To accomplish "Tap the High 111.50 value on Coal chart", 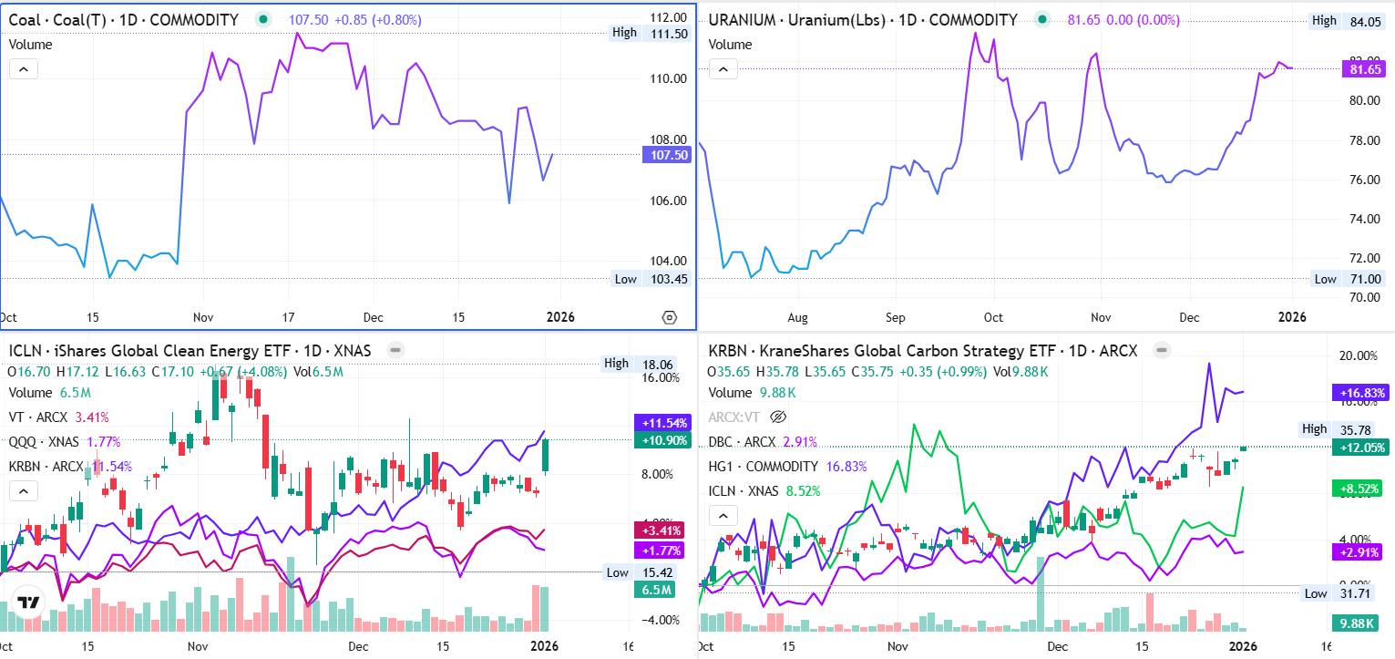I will point(669,33).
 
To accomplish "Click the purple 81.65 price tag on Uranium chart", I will point(1364,68).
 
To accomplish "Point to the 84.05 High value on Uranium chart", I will point(1367,21).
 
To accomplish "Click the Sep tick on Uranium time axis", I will point(896,317).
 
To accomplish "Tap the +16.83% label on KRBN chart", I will point(1359,393).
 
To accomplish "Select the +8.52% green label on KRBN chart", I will point(1359,489).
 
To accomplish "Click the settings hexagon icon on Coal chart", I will point(670,317).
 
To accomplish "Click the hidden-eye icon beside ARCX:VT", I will point(778,417).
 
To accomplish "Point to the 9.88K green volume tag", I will point(1359,623).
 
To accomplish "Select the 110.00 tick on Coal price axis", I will point(668,78).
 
